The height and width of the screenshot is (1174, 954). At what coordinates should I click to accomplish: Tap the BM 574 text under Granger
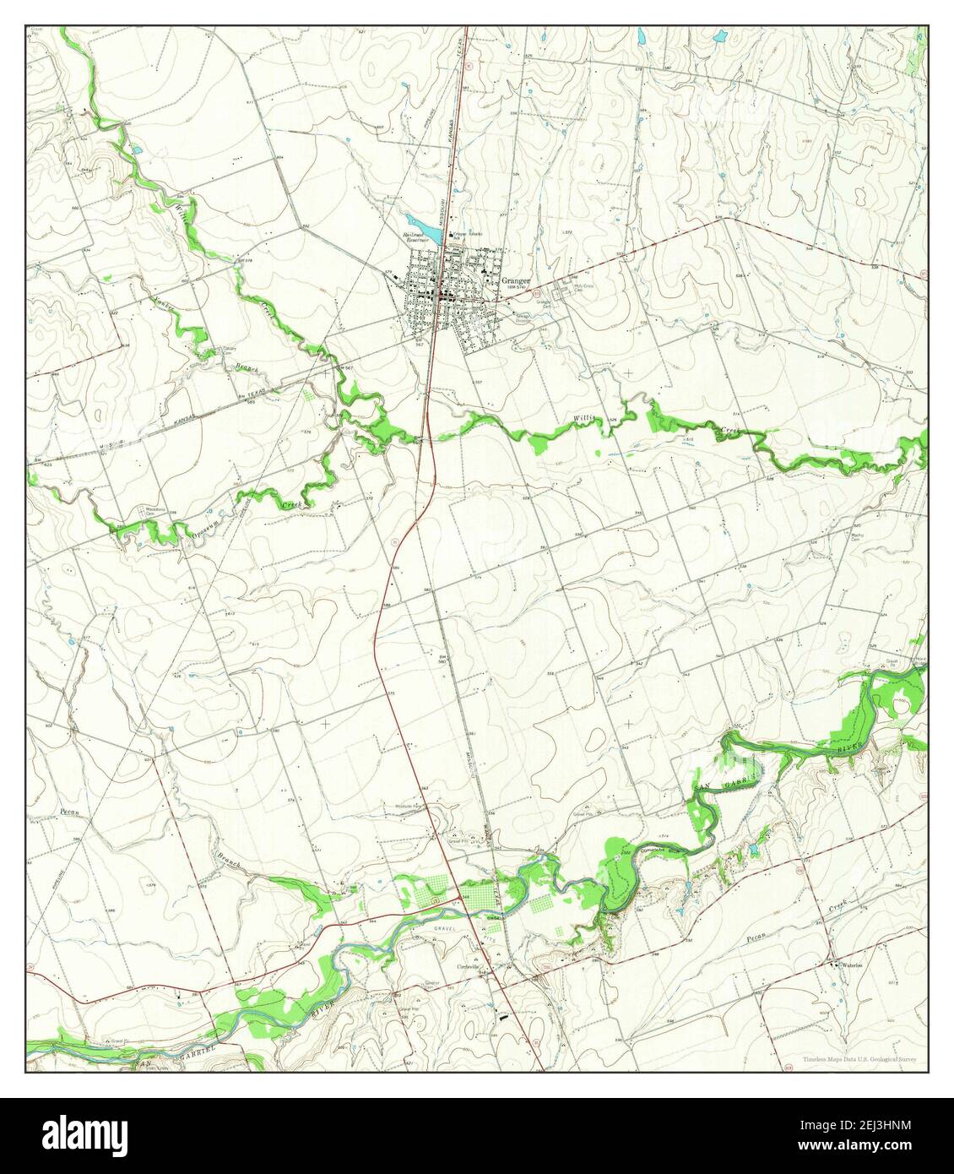[518, 289]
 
